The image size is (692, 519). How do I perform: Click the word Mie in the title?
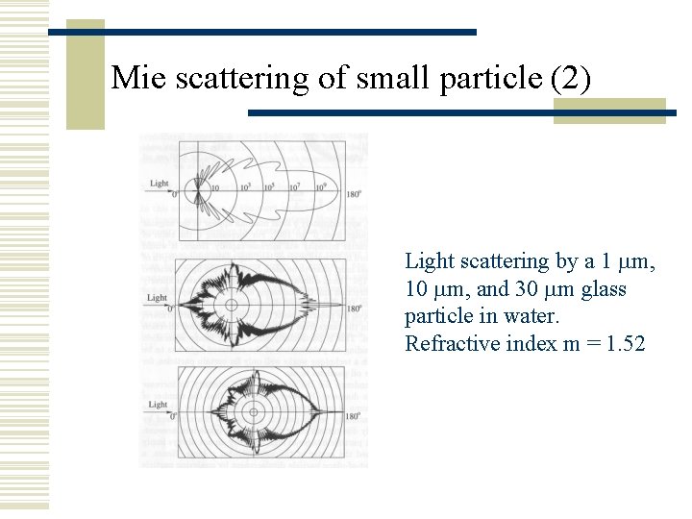[x=134, y=77]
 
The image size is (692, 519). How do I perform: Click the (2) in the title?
[x=572, y=77]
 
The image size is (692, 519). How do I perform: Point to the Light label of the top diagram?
[x=160, y=183]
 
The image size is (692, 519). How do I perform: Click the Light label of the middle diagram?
[x=158, y=298]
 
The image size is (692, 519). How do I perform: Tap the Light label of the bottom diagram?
[x=158, y=405]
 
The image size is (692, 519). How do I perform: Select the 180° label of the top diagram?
[x=354, y=194]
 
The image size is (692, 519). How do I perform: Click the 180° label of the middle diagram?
[x=355, y=309]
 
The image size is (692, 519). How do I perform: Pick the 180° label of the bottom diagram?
[x=355, y=416]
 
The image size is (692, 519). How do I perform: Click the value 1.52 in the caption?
[x=624, y=343]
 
